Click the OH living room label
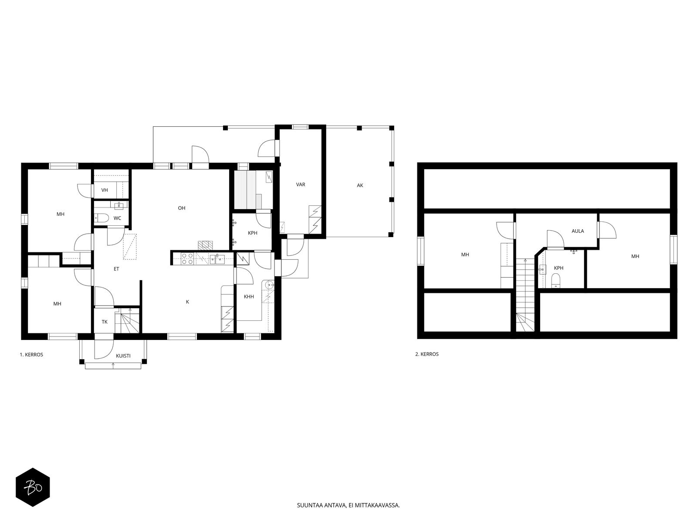click(x=181, y=208)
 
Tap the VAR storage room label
click(x=301, y=184)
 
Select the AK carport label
click(x=360, y=186)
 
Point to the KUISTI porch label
click(x=123, y=356)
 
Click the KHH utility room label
click(x=249, y=297)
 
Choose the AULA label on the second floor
click(x=578, y=231)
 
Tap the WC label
click(x=117, y=218)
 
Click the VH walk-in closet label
click(x=105, y=190)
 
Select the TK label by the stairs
click(x=105, y=322)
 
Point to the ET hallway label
click(x=116, y=269)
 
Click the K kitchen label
click(x=187, y=302)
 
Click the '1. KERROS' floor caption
click(x=31, y=355)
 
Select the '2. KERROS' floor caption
click(x=427, y=354)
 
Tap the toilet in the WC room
click(x=102, y=218)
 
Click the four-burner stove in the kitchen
click(x=187, y=258)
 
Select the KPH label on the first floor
click(x=252, y=233)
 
